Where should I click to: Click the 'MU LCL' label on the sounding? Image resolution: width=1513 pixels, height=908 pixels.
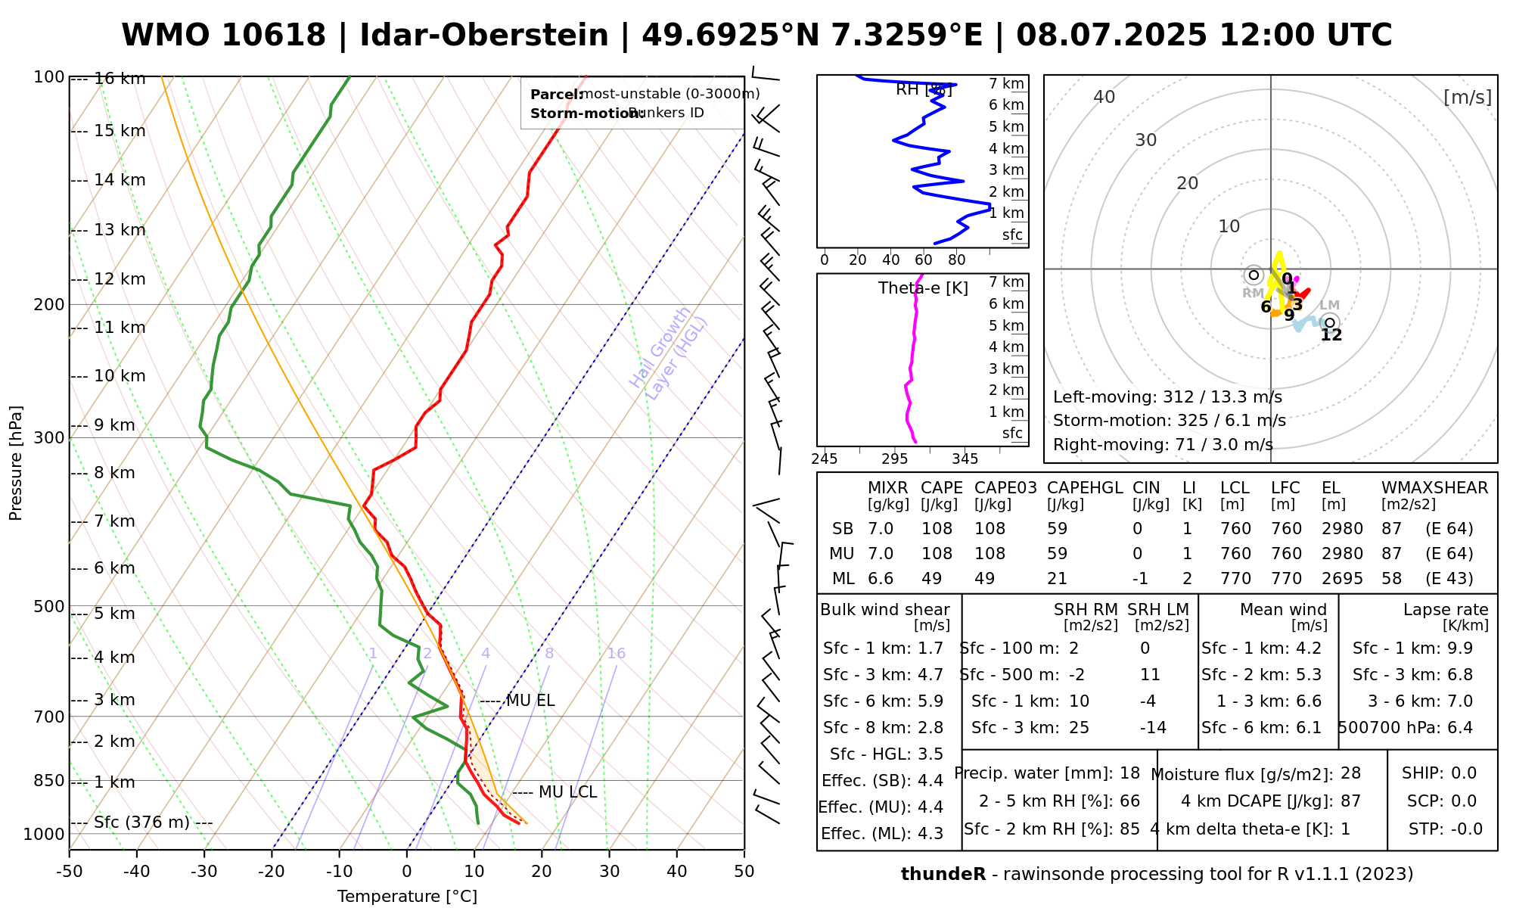click(567, 792)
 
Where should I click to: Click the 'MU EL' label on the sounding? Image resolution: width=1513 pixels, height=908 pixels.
click(530, 701)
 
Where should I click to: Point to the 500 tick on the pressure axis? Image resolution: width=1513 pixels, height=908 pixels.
click(49, 607)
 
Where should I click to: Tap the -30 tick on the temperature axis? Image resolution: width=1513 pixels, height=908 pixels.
click(204, 872)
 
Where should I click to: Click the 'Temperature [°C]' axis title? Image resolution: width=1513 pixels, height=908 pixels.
click(407, 897)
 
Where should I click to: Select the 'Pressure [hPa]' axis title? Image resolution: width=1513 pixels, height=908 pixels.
click(16, 463)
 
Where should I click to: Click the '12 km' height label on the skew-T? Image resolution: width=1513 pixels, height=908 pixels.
click(120, 279)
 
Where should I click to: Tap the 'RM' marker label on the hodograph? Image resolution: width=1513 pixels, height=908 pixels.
click(1253, 293)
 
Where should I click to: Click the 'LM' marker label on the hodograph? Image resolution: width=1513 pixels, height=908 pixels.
click(1329, 305)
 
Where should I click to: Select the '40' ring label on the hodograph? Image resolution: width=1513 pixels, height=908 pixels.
click(1104, 97)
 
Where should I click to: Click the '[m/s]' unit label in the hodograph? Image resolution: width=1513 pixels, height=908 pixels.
click(1467, 98)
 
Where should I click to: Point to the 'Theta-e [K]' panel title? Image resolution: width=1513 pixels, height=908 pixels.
click(923, 288)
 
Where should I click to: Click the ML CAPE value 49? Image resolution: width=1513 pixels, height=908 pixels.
click(931, 579)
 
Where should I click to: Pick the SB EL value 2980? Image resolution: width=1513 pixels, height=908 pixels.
click(1342, 529)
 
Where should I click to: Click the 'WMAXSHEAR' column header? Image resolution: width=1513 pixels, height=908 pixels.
click(1434, 488)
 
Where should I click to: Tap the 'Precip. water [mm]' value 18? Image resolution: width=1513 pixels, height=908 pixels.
click(1129, 773)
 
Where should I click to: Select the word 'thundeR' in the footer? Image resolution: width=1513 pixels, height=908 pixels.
click(943, 875)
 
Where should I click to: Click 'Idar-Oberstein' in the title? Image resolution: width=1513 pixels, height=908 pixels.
click(484, 36)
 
